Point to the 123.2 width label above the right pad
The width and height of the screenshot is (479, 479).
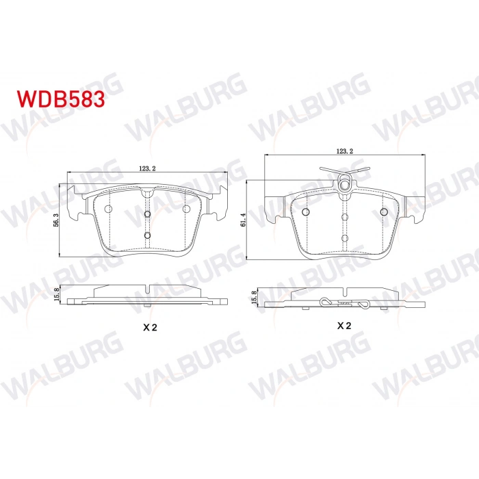point(345,152)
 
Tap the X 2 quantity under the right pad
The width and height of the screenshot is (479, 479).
point(344,326)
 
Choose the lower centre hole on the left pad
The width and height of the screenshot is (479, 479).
point(148,235)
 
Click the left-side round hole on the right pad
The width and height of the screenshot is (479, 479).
point(305,211)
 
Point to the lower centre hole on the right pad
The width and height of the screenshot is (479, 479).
point(345,237)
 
